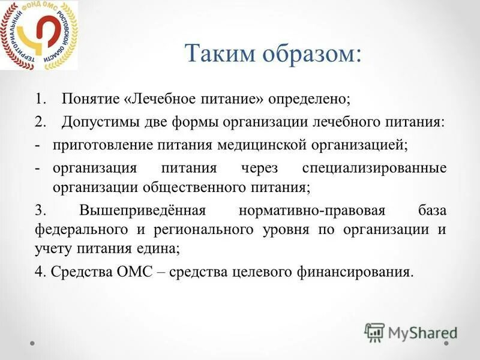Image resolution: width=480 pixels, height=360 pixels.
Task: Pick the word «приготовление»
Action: pyautogui.click(x=103, y=145)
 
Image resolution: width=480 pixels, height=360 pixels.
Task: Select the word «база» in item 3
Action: pyautogui.click(x=432, y=211)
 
